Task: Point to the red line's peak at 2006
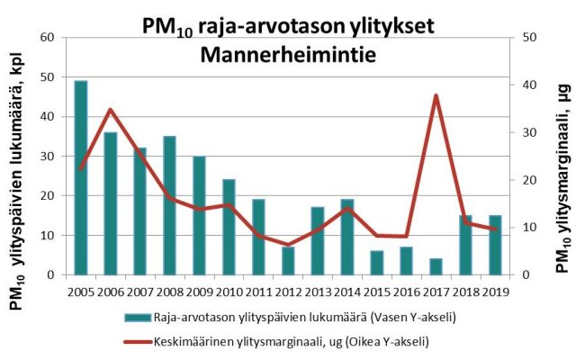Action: (x=111, y=110)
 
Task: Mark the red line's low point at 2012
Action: (x=288, y=245)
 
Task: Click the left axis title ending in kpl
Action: (x=18, y=180)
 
